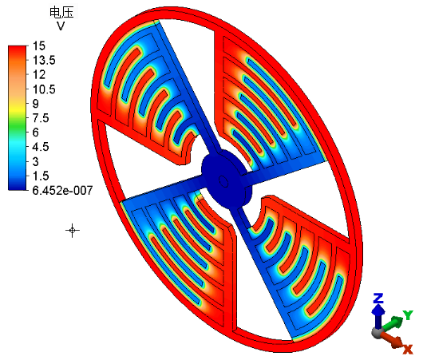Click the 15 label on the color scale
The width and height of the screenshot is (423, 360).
pyautogui.click(x=39, y=45)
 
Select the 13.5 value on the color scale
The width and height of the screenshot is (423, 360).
pyautogui.click(x=44, y=60)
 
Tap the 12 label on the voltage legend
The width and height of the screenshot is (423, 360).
pyautogui.click(x=39, y=75)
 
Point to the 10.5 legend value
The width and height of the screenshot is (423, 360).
pyautogui.click(x=44, y=89)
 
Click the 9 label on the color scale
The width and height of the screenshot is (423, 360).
pyautogui.click(x=36, y=104)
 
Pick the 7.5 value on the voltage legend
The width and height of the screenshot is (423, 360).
pyautogui.click(x=41, y=118)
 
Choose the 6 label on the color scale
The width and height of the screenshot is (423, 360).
pyautogui.click(x=36, y=133)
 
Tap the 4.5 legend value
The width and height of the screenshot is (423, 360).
pyautogui.click(x=41, y=147)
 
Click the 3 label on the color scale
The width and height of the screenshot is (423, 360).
pyautogui.click(x=36, y=162)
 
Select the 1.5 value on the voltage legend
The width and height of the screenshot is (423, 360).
pyautogui.click(x=41, y=176)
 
